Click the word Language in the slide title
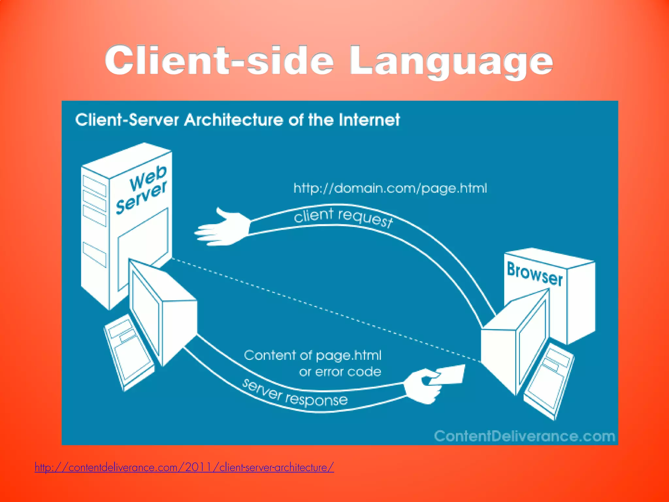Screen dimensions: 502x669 [x=451, y=61]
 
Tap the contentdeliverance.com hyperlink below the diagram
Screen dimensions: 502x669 [x=184, y=467]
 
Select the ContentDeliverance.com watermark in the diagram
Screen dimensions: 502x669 [x=524, y=436]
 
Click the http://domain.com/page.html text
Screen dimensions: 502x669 [x=390, y=188]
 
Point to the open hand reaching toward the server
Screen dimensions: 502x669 [x=222, y=229]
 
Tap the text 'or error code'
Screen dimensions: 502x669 [x=340, y=372]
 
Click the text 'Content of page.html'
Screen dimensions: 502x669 [x=313, y=355]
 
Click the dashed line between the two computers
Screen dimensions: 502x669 [x=327, y=310]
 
